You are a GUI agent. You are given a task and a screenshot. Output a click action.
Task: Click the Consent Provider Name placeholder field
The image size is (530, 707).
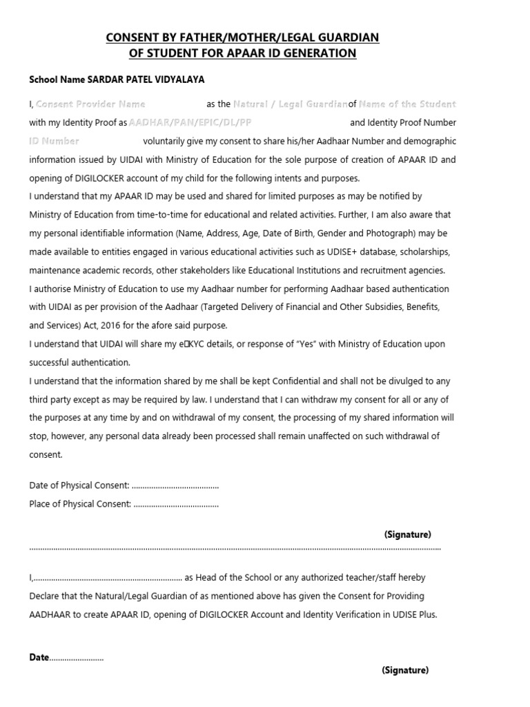90,104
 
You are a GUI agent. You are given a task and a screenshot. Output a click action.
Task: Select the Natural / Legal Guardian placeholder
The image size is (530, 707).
290,104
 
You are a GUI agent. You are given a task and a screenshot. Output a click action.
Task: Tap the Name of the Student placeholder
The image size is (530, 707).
407,104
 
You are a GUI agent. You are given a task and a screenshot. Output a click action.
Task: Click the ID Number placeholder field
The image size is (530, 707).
55,141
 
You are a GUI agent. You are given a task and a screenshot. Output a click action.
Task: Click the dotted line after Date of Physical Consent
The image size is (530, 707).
175,486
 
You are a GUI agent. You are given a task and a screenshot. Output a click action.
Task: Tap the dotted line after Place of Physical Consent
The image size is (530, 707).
176,504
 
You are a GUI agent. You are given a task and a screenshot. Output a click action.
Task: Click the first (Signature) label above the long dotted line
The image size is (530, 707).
407,534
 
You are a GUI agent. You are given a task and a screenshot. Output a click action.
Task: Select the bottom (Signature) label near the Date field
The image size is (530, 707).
404,670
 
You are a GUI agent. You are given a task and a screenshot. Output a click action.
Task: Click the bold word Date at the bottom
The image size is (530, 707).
39,657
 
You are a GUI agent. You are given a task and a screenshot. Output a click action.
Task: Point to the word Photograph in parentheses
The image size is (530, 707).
391,233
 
